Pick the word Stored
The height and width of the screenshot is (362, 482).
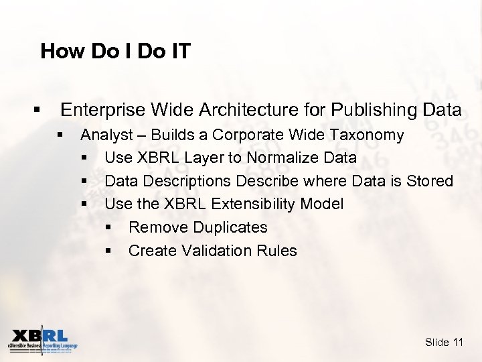pyautogui.click(x=430, y=181)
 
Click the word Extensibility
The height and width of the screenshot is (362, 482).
pyautogui.click(x=254, y=204)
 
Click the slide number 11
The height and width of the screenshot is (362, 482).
pyautogui.click(x=458, y=343)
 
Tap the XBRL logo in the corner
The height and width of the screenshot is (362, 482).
pyautogui.click(x=42, y=339)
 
